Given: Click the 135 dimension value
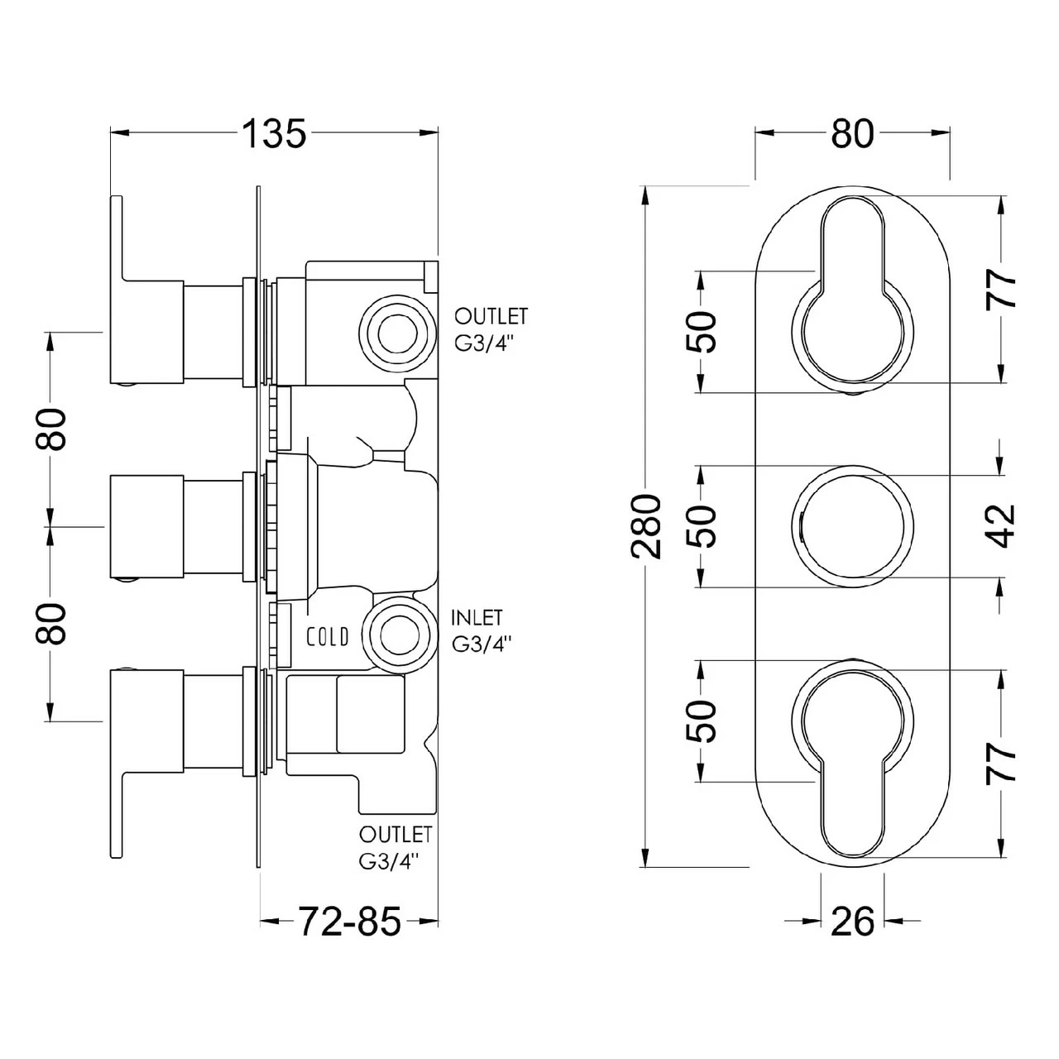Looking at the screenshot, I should (x=274, y=132).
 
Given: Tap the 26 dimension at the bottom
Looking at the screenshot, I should (x=851, y=921).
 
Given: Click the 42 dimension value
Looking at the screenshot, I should (x=1002, y=525).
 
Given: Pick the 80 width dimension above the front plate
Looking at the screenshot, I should (x=851, y=132).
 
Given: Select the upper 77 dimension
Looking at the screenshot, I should (x=1002, y=289).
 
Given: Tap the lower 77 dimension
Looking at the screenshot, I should (x=1002, y=762).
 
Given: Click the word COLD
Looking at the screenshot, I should (x=328, y=636).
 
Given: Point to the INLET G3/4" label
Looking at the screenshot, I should (x=480, y=630).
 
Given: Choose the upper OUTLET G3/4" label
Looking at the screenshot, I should (x=490, y=329).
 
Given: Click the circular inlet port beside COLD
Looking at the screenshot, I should (x=397, y=633).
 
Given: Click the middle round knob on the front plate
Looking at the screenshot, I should (x=852, y=527).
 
